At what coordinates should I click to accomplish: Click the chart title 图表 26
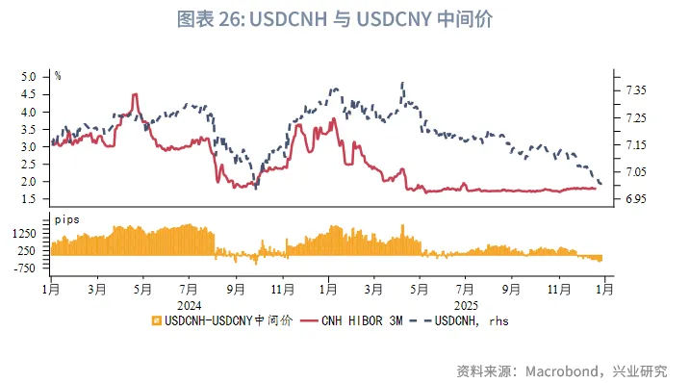(x=344, y=18)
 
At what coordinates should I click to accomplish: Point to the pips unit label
(x=66, y=219)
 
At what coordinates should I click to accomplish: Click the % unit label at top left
(x=59, y=74)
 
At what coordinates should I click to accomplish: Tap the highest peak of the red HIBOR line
(x=135, y=94)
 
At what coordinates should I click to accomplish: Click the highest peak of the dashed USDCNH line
(x=401, y=83)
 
